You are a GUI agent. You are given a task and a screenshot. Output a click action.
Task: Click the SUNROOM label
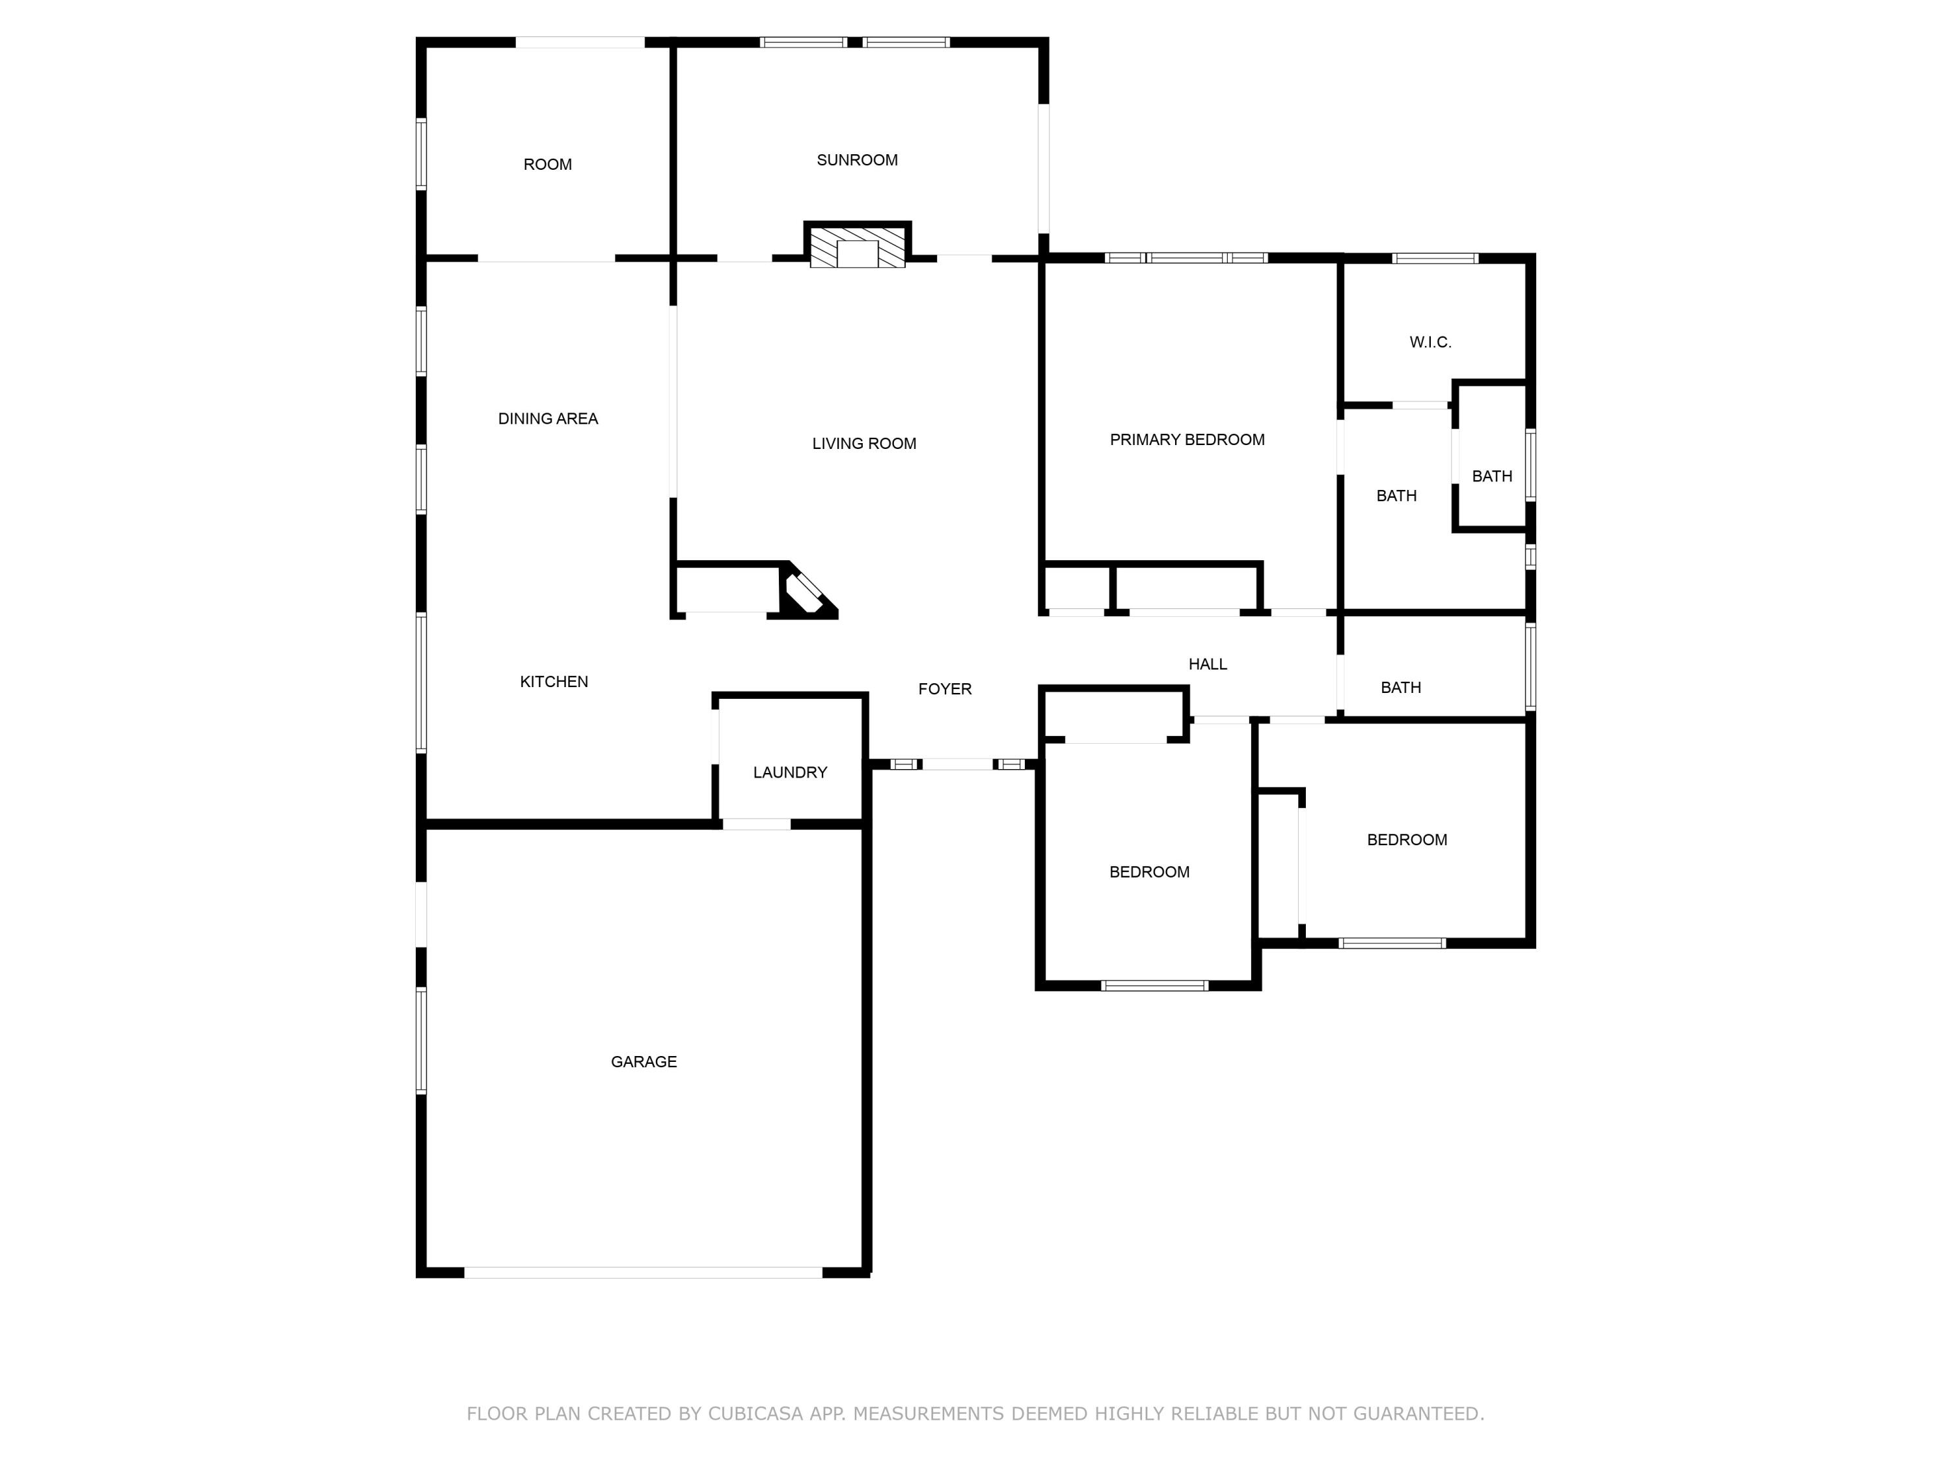point(857,159)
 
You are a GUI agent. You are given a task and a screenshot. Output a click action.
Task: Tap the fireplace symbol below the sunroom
point(857,248)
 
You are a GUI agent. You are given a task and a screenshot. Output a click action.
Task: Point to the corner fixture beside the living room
point(807,592)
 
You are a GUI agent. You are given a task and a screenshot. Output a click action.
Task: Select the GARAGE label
point(644,1062)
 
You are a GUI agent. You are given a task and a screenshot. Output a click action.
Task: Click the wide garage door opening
point(644,1273)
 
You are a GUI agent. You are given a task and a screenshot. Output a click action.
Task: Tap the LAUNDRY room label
point(790,772)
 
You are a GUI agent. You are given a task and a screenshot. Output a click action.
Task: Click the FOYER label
point(944,689)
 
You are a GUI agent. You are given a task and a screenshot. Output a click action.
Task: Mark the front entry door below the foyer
point(958,765)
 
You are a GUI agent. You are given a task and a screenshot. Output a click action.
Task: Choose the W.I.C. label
point(1430,342)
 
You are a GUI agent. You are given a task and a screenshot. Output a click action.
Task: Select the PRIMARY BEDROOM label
point(1187,439)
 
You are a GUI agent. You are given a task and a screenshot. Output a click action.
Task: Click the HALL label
point(1207,664)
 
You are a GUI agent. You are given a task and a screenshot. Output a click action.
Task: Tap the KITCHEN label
point(553,681)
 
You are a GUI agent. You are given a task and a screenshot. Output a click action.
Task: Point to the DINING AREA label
point(547,418)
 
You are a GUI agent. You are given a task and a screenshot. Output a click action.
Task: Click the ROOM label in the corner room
point(547,164)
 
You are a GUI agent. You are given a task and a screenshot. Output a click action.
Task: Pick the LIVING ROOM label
point(864,444)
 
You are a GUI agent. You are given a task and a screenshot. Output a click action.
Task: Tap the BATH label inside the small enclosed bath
point(1491,476)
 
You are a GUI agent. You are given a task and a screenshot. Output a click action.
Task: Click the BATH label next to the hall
point(1400,688)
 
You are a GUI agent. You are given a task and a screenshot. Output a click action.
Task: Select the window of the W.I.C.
point(1435,258)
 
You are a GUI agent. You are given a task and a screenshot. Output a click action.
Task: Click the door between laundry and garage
point(756,824)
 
